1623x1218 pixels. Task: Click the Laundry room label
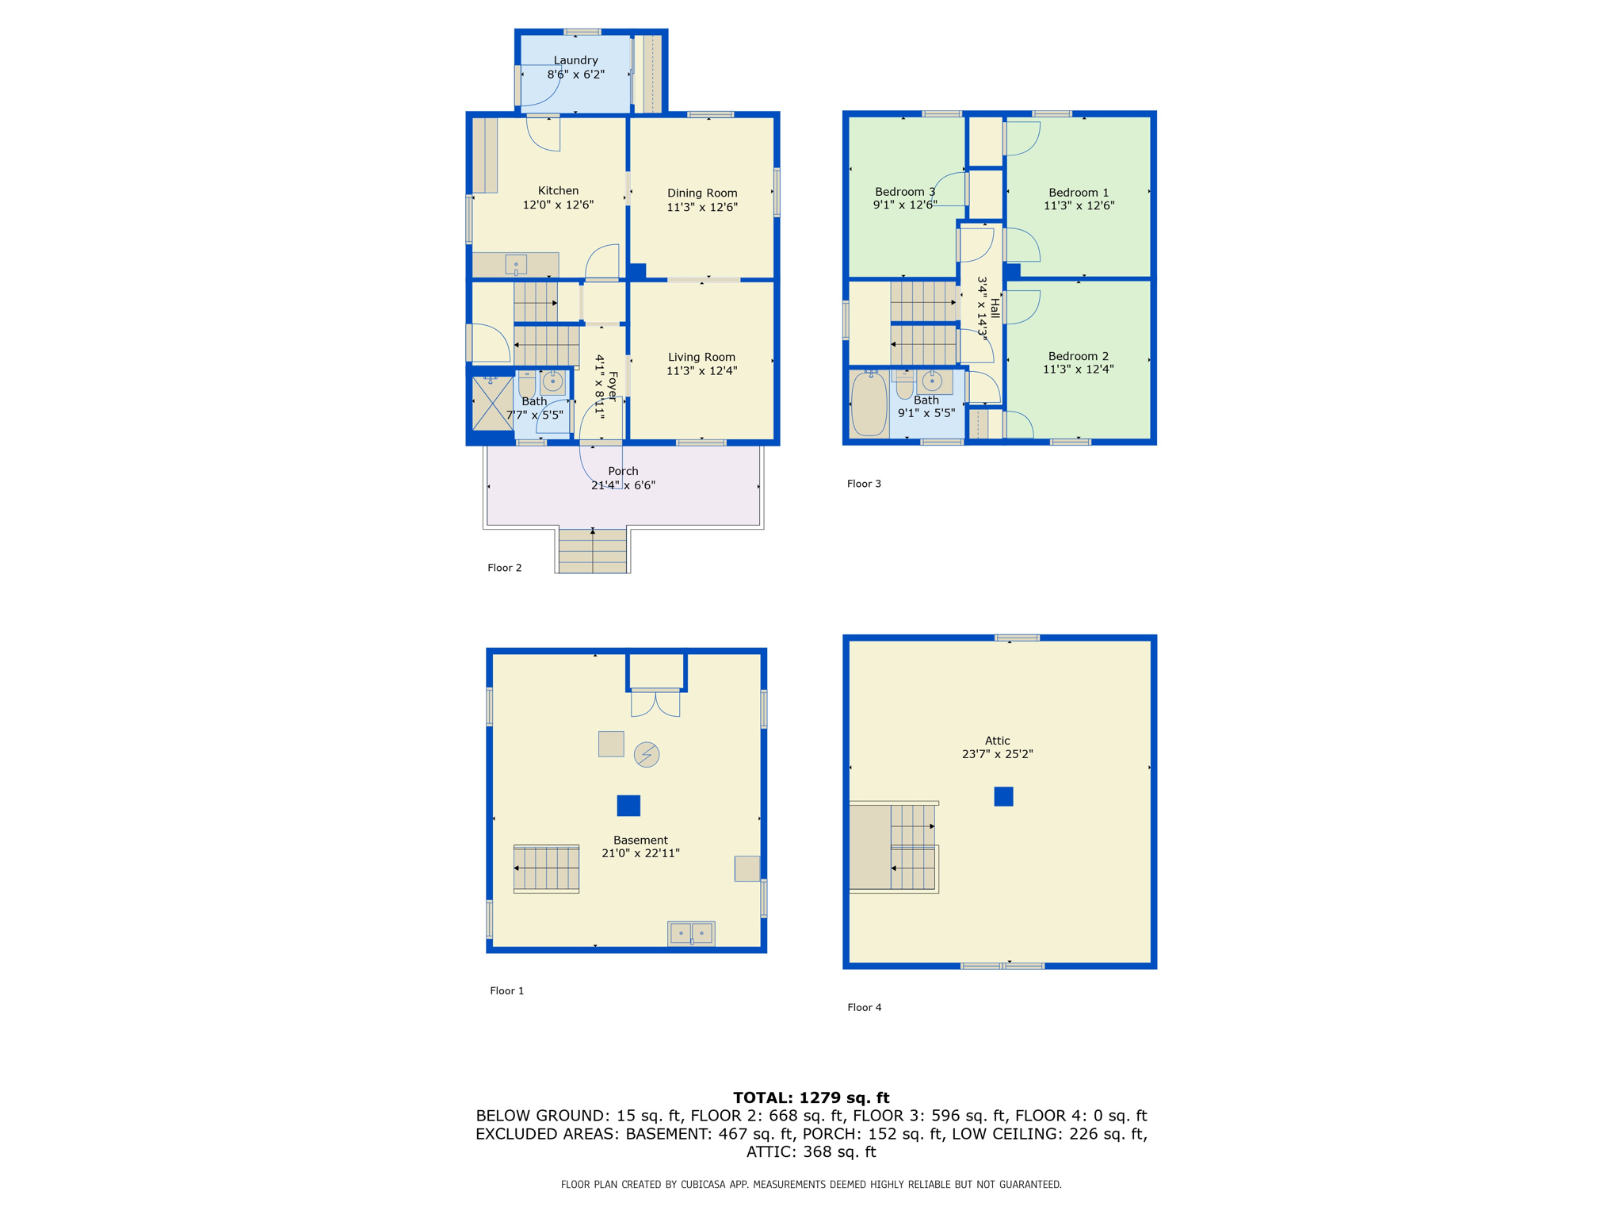pos(575,60)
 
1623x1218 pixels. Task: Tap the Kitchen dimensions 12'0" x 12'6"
pos(558,205)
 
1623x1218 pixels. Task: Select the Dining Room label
pos(702,193)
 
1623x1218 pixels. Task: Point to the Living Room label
pos(701,357)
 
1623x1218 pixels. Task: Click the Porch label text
pos(623,471)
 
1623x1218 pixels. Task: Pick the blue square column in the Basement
pos(628,806)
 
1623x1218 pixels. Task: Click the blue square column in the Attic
pos(1003,796)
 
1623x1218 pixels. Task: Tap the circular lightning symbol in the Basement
pos(647,754)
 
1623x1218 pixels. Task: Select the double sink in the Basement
pos(691,933)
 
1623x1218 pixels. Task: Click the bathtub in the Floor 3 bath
pos(869,404)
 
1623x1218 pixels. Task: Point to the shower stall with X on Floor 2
pos(492,404)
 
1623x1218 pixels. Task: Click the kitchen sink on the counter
pos(516,265)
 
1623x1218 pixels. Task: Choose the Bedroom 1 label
pos(1079,192)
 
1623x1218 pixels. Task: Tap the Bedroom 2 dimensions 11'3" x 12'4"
pos(1078,370)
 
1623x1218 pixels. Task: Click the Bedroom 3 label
pos(904,191)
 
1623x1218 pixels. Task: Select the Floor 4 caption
pos(864,1007)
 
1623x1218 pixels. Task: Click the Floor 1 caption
pos(506,990)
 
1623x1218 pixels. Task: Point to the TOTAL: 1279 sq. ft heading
pos(811,1097)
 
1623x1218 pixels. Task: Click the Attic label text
pos(997,741)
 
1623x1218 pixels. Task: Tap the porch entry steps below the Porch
pos(593,551)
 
